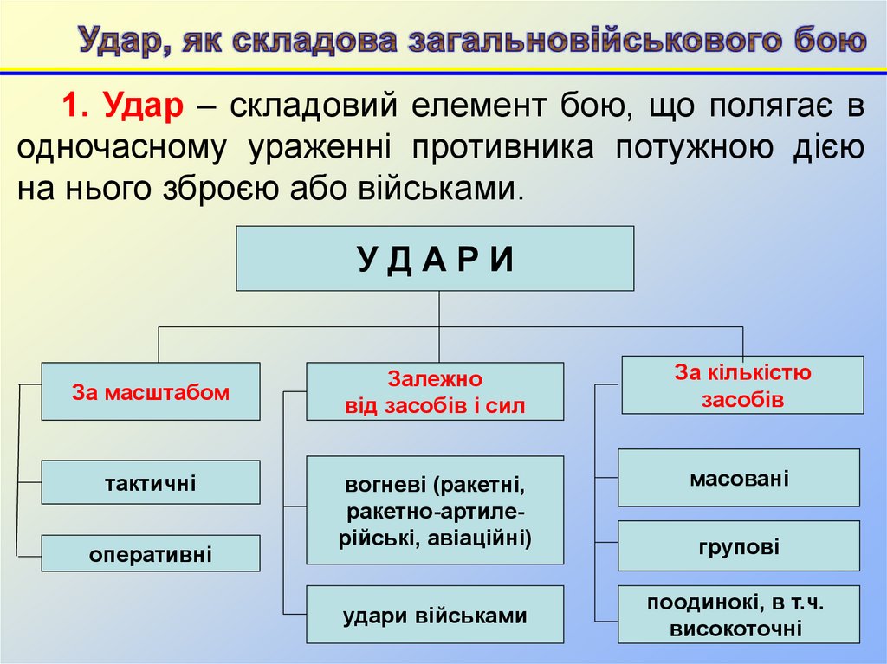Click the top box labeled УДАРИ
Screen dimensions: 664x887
[x=435, y=258]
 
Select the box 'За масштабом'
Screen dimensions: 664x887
[x=151, y=391]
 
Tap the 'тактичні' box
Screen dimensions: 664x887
[x=151, y=482]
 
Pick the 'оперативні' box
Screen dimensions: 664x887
[x=151, y=553]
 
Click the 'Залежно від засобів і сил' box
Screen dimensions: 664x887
[x=435, y=391]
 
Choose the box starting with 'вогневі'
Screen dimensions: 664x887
[x=435, y=510]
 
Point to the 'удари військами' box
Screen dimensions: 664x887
[x=435, y=615]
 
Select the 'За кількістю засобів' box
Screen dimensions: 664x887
[x=742, y=385]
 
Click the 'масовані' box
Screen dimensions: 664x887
[x=739, y=477]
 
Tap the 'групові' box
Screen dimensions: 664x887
[x=739, y=546]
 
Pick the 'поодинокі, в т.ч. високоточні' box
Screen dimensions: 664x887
[x=739, y=615]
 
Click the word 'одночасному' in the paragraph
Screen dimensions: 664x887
[x=122, y=147]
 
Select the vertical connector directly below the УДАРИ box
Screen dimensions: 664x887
[x=439, y=308]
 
